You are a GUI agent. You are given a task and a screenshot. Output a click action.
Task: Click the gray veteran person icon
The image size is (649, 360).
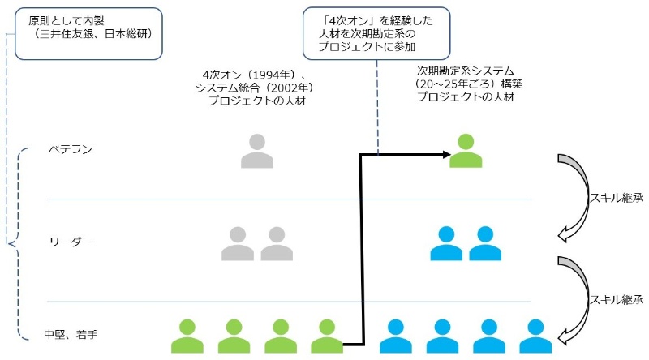click(257, 151)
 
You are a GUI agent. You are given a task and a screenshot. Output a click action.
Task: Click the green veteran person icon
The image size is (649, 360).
click(466, 151)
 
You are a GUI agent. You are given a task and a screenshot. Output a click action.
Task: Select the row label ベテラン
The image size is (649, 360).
click(71, 150)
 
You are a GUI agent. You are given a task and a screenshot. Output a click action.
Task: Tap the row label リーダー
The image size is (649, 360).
click(71, 242)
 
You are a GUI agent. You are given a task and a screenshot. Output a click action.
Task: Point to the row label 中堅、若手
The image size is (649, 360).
click(71, 333)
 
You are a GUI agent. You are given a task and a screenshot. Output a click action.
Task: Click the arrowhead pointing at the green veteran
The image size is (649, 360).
click(445, 154)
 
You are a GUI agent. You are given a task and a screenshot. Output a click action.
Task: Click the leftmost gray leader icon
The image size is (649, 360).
click(238, 243)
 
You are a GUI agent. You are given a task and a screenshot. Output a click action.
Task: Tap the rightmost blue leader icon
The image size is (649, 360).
click(485, 243)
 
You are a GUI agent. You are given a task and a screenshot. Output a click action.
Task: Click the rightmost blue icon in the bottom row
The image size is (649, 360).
click(535, 335)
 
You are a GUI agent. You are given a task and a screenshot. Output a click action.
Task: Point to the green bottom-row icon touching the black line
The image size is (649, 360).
click(326, 335)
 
